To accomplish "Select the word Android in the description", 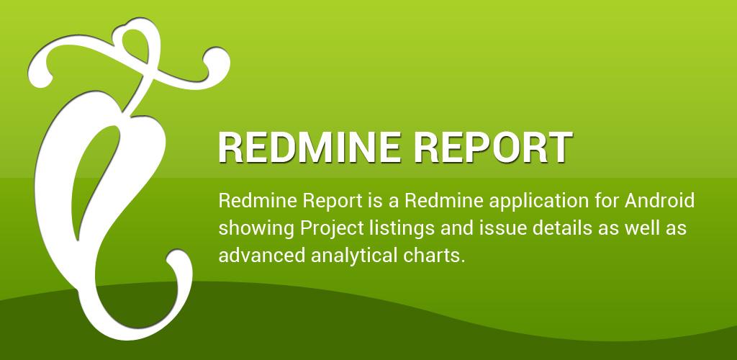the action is pyautogui.click(x=659, y=201).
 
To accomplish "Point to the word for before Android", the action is pyautogui.click(x=607, y=201).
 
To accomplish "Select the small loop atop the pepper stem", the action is pyautogui.click(x=136, y=44).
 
